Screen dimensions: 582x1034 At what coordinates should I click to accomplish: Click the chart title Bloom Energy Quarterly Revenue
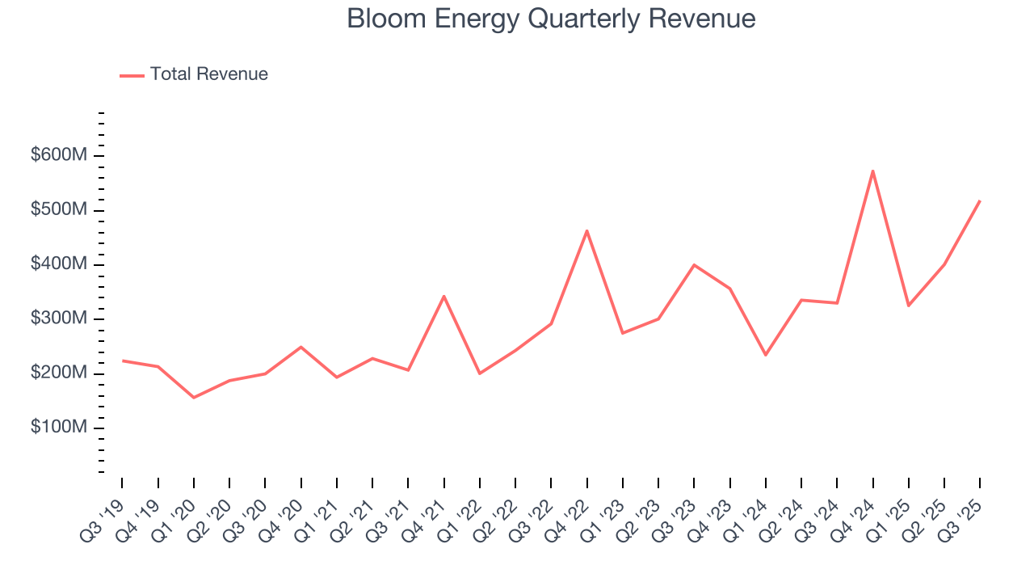coord(551,19)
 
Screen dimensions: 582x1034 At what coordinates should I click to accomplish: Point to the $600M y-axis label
coord(59,155)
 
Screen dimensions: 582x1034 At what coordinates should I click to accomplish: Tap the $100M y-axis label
coord(59,428)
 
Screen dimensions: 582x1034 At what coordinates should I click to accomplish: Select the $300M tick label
coord(59,319)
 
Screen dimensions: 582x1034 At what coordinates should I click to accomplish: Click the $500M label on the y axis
coord(59,210)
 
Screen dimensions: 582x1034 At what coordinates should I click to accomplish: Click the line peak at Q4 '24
coord(872,171)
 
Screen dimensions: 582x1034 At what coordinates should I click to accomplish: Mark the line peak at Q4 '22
coord(586,231)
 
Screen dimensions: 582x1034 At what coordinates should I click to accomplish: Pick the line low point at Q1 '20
coord(194,397)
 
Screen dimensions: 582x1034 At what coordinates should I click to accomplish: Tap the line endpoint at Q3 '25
coord(979,201)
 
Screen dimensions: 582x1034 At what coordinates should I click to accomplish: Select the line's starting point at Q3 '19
coord(123,361)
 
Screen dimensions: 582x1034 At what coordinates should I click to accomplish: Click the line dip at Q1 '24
coord(765,355)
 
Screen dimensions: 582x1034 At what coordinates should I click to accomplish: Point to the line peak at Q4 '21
coord(443,297)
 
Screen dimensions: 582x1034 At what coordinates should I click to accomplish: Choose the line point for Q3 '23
coord(694,265)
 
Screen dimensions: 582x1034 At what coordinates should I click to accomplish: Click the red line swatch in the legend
coord(132,75)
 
